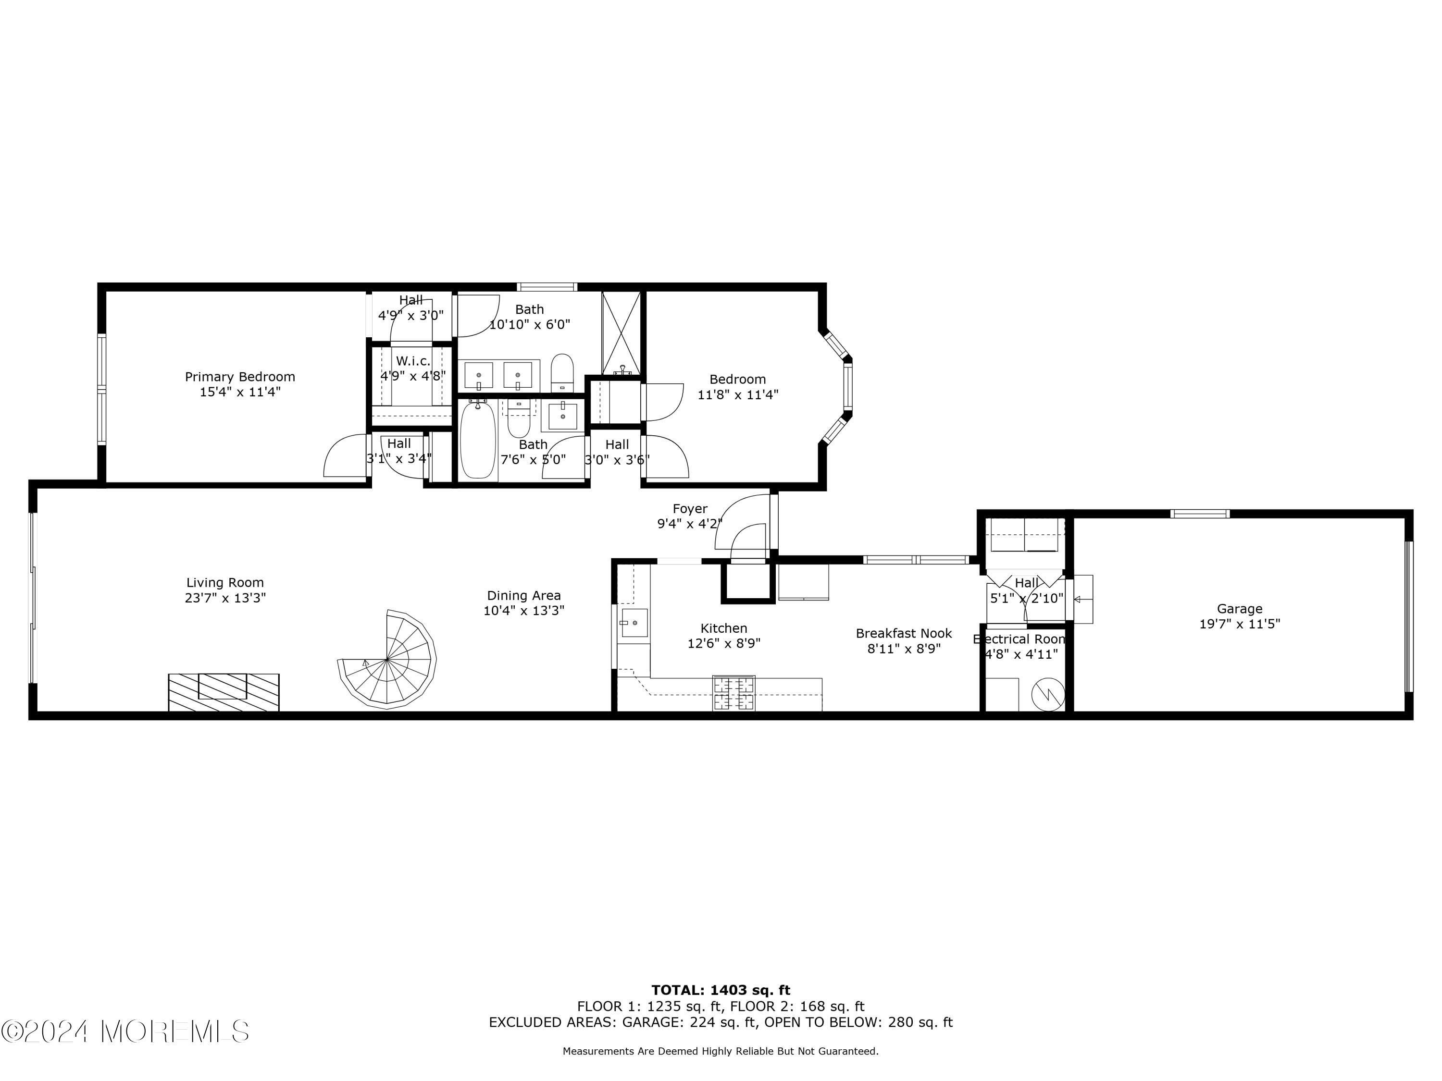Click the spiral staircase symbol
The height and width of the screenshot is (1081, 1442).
tap(388, 660)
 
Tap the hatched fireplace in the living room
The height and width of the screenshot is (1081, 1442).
tap(224, 692)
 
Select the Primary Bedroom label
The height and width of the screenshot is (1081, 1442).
tap(240, 377)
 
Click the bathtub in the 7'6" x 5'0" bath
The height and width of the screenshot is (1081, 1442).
tap(478, 441)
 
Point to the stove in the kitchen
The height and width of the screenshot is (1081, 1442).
tap(733, 693)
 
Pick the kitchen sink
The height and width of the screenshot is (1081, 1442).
tap(634, 623)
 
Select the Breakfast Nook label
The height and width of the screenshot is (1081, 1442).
tap(904, 633)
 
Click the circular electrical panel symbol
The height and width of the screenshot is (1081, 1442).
tap(1048, 695)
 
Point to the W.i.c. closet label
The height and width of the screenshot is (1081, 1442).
tap(413, 361)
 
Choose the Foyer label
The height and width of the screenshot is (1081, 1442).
tap(690, 509)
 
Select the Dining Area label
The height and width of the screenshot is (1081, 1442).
tap(523, 596)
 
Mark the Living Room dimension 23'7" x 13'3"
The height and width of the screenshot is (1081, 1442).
tap(225, 598)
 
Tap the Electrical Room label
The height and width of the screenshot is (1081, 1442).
tap(1020, 639)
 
